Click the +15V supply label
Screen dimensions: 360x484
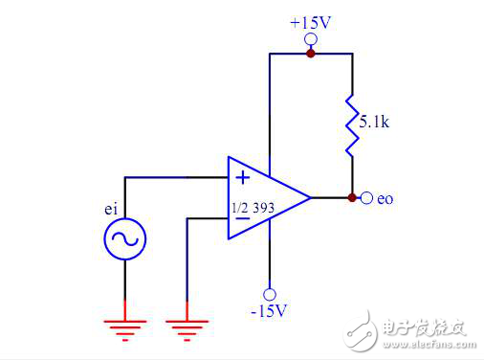point(310,21)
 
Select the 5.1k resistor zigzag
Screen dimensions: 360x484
point(352,124)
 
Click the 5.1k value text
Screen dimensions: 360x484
point(375,123)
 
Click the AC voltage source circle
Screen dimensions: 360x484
point(124,239)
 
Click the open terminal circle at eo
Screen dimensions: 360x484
point(367,198)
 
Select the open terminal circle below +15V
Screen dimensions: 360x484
point(310,39)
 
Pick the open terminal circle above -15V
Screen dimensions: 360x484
point(270,294)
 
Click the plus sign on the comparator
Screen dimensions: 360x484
point(243,177)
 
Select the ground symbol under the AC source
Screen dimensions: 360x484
point(124,330)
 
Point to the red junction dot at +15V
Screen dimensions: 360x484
point(310,54)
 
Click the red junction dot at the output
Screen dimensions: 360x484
point(352,198)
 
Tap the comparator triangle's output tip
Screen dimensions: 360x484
point(309,198)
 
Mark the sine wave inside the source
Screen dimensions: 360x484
point(124,239)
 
